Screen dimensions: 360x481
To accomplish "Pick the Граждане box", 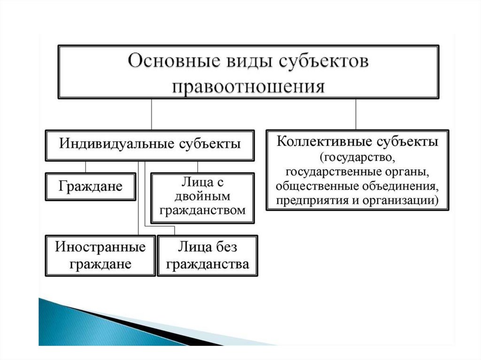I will (91, 186).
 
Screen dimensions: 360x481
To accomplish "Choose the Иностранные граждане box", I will (100, 255).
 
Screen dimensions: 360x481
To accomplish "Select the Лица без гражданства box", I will (207, 255).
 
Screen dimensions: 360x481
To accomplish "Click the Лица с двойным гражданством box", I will (202, 198).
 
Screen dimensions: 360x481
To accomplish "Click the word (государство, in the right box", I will (357, 155).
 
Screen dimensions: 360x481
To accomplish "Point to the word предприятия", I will (307, 200).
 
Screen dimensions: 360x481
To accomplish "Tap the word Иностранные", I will (100, 246).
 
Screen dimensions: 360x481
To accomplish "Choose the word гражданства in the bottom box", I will (207, 264).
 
